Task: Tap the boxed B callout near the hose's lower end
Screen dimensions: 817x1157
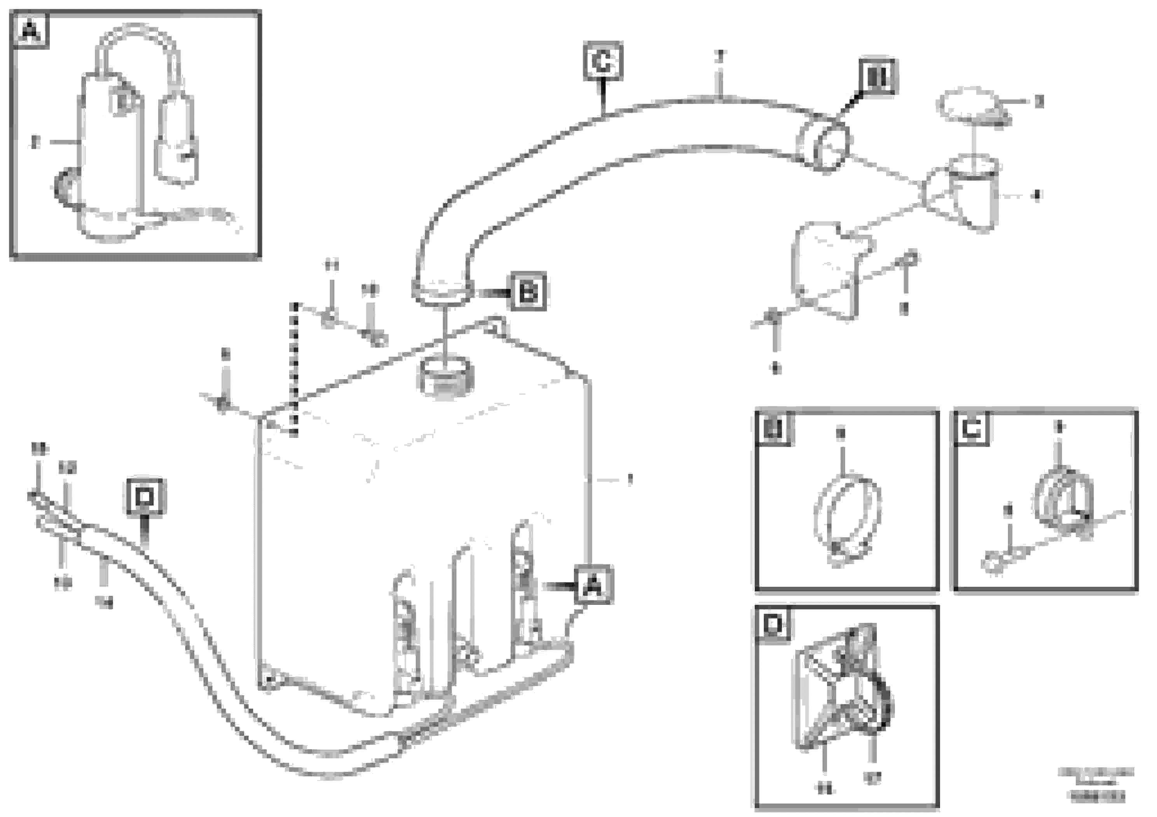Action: tap(528, 291)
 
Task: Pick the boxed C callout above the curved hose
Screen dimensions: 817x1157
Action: tap(603, 62)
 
